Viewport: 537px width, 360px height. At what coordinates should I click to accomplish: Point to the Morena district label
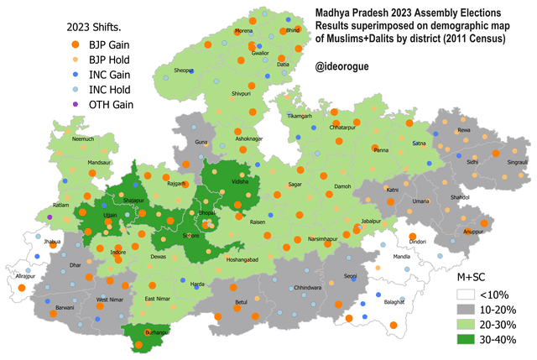click(x=243, y=31)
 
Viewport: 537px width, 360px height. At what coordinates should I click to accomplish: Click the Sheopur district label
click(x=184, y=70)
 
